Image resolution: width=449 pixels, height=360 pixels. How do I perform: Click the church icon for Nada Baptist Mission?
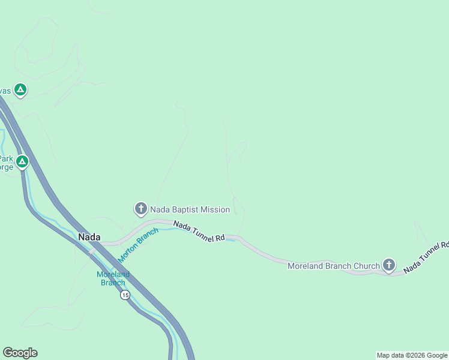(x=140, y=209)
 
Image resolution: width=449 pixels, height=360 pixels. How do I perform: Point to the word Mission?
(x=216, y=209)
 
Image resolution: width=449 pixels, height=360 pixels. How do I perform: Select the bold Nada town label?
(x=89, y=237)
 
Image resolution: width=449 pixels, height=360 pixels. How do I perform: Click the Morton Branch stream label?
(x=138, y=245)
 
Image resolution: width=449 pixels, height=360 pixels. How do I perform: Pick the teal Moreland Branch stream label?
(x=113, y=278)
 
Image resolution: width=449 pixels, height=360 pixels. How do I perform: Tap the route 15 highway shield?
(x=124, y=295)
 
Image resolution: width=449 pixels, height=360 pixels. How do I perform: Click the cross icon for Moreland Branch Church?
(x=389, y=265)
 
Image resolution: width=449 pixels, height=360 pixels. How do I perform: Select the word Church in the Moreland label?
(x=366, y=266)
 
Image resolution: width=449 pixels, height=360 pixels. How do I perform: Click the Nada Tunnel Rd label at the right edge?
(x=426, y=257)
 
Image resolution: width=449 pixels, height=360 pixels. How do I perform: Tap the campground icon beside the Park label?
(x=22, y=161)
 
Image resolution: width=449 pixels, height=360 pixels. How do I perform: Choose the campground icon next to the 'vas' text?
(x=20, y=91)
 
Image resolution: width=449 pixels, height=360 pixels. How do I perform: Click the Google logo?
(x=20, y=353)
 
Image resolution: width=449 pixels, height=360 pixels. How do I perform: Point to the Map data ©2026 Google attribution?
(x=412, y=355)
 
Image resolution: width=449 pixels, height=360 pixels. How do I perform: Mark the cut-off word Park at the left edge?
(x=7, y=159)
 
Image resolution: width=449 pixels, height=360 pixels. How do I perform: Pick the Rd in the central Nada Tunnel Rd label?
(x=220, y=238)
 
